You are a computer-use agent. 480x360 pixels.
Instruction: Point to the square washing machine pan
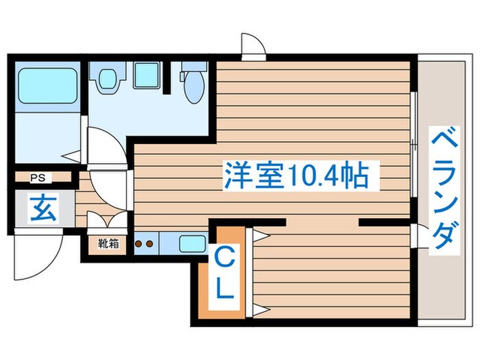click(146, 74)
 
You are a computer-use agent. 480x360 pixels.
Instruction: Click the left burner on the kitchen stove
click(139, 243)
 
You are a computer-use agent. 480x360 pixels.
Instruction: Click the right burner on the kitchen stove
click(149, 243)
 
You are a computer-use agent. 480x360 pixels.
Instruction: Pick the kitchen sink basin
click(192, 243)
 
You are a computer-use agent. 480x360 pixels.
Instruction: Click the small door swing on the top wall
click(252, 45)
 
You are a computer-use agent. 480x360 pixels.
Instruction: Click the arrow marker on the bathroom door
click(71, 156)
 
